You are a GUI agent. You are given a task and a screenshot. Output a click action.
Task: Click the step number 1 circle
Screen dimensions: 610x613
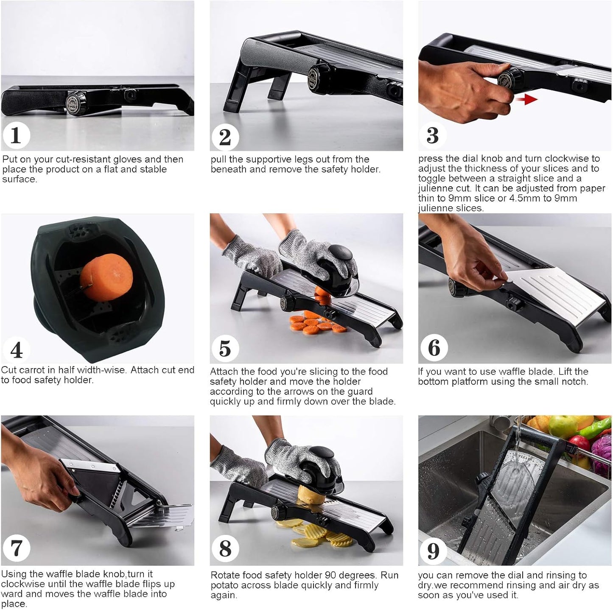click(x=16, y=135)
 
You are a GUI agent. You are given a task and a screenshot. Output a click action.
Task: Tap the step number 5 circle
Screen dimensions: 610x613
click(x=225, y=348)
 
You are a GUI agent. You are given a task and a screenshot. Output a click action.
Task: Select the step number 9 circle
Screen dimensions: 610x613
click(x=433, y=551)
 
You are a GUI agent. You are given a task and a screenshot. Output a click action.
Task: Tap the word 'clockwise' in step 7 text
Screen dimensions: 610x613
click(x=22, y=584)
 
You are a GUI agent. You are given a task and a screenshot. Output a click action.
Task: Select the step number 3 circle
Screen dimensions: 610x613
click(x=433, y=135)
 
